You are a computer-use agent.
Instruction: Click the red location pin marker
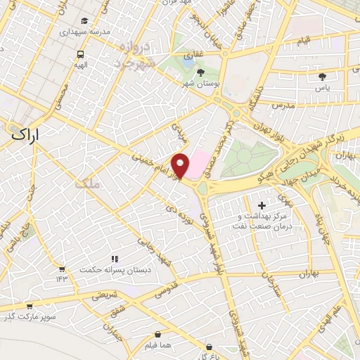coord(181,165)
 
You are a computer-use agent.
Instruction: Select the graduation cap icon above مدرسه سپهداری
coord(84,21)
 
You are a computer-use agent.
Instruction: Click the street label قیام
coord(303,43)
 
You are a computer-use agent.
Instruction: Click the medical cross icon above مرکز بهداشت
coord(262,205)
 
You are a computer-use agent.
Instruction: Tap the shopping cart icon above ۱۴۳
coord(63,269)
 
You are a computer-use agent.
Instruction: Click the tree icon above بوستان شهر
coord(201,72)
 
